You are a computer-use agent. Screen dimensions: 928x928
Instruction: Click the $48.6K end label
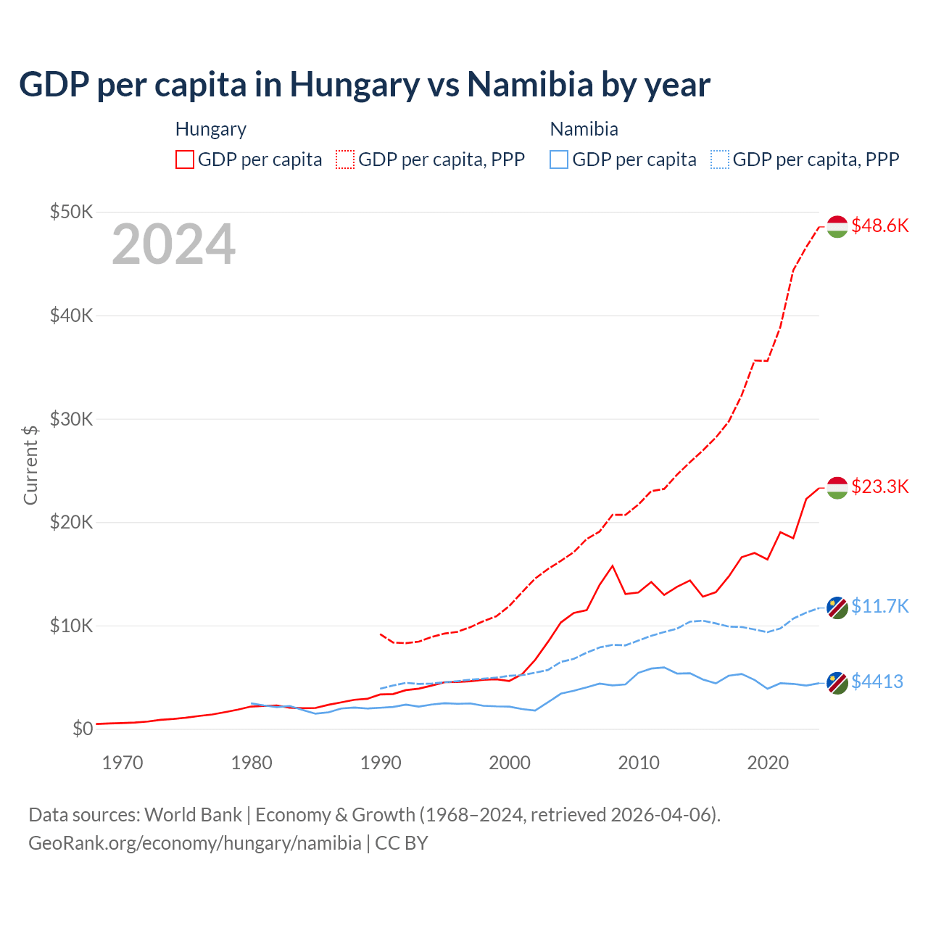[x=879, y=225]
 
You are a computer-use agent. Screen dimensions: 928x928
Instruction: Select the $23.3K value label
[x=879, y=486]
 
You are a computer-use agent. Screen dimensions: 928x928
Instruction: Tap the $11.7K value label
[x=879, y=606]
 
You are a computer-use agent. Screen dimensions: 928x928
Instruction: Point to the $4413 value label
[x=877, y=681]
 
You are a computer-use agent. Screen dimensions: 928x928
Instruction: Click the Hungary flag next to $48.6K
[x=837, y=226]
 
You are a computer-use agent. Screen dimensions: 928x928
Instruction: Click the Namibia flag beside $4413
[x=837, y=682]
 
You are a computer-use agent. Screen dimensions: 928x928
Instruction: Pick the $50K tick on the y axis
[x=71, y=212]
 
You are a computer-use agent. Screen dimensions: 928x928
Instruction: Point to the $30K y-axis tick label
[x=71, y=419]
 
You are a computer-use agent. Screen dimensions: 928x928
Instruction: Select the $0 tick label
[x=83, y=729]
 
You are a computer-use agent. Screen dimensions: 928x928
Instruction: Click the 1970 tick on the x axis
[x=123, y=763]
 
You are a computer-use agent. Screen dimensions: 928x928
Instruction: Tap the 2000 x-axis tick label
[x=510, y=763]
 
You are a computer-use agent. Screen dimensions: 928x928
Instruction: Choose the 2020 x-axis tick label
[x=768, y=763]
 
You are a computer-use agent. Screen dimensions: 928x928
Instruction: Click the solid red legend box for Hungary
[x=185, y=159]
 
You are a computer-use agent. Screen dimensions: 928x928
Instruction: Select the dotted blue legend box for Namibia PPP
[x=720, y=159]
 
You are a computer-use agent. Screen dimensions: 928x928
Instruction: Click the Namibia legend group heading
[x=584, y=129]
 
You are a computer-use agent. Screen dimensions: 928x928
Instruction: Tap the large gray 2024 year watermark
[x=173, y=244]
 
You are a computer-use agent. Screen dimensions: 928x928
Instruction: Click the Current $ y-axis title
[x=30, y=465]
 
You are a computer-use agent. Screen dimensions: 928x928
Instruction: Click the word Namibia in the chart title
[x=530, y=84]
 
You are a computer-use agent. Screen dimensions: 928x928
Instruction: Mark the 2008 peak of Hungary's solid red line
[x=613, y=565]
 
